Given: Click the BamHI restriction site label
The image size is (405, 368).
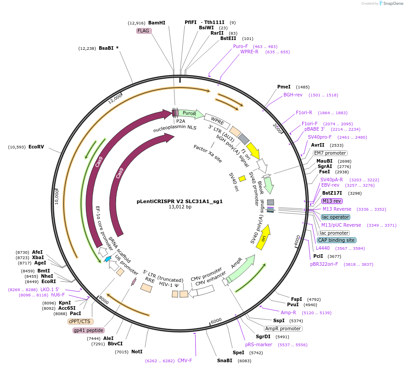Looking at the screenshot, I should tap(157, 23).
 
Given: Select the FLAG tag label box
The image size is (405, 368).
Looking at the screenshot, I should tap(144, 31).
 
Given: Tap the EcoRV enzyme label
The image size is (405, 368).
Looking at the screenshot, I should tap(36, 147).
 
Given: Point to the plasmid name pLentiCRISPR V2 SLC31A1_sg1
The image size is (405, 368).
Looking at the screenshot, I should tap(179, 201).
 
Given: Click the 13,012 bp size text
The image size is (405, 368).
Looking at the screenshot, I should tap(179, 207).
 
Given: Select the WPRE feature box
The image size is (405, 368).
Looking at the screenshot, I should tap(217, 121).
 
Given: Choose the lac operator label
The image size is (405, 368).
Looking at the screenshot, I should tap(336, 217).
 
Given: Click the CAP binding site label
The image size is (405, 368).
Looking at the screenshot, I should tap(336, 240).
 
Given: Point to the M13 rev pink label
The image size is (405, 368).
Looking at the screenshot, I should tap(332, 201).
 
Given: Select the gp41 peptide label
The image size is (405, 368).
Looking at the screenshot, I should tap(89, 330).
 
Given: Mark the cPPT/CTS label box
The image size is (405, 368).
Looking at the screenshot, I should tap(80, 321).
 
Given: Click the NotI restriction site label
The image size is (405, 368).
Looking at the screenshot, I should tap(137, 352).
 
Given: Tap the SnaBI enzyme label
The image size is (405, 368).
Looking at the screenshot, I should tap(224, 360).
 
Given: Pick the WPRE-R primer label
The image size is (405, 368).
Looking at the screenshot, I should tap(249, 52).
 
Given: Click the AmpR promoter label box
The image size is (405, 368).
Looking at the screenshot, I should tap(283, 328).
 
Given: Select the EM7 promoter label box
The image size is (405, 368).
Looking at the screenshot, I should tap(330, 153).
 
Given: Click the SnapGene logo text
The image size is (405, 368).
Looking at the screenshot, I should tap(391, 4).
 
